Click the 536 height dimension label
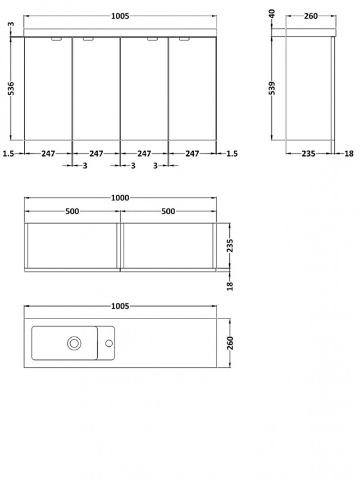coord(11,88)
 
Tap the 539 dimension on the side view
coord(272,88)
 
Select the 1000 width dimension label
coord(120,198)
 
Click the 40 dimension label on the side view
coord(272,14)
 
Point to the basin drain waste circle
coord(74,343)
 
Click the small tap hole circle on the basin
coord(109,343)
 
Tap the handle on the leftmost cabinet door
coord(57,39)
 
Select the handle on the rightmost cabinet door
coord(184,39)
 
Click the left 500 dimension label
coord(72,211)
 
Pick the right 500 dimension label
coord(168,211)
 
